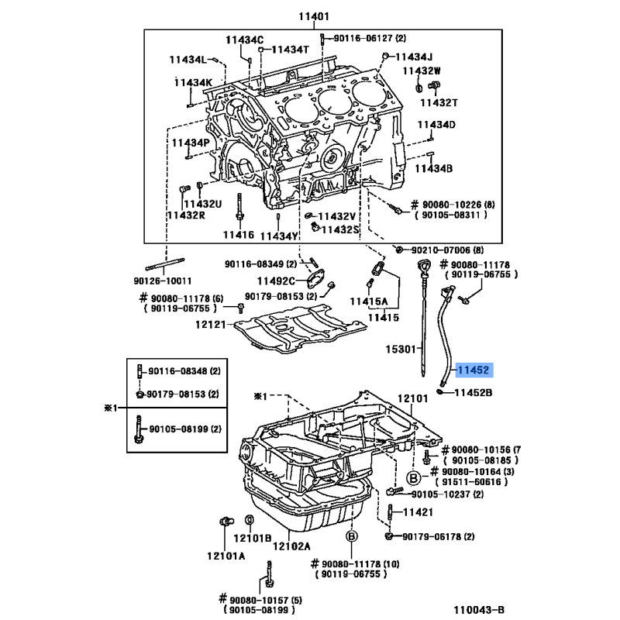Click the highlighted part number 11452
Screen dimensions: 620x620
pyautogui.click(x=474, y=370)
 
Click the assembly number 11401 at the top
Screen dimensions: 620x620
pyautogui.click(x=314, y=16)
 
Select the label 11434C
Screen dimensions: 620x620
pyautogui.click(x=244, y=40)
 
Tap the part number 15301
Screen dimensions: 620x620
pyautogui.click(x=401, y=350)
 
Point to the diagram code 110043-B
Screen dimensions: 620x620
pyautogui.click(x=479, y=610)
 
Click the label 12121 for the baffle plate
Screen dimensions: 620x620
pyautogui.click(x=210, y=325)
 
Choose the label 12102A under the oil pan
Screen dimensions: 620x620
pyautogui.click(x=291, y=546)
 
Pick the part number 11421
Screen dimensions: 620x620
pyautogui.click(x=418, y=512)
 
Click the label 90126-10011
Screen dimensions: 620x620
pyautogui.click(x=163, y=281)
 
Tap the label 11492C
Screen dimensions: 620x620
pyautogui.click(x=276, y=281)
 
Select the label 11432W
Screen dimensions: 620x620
pyautogui.click(x=422, y=71)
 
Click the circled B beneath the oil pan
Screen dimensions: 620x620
pyautogui.click(x=352, y=536)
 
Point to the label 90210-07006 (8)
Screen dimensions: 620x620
pyautogui.click(x=447, y=250)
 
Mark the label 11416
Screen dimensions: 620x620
pyautogui.click(x=239, y=235)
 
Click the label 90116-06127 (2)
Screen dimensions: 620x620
pyautogui.click(x=370, y=38)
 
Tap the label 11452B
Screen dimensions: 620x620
pyautogui.click(x=474, y=392)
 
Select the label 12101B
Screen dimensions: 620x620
pyautogui.click(x=253, y=538)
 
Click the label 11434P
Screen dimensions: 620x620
pyautogui.click(x=191, y=143)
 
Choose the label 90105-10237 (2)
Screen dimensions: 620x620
pyautogui.click(x=447, y=494)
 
